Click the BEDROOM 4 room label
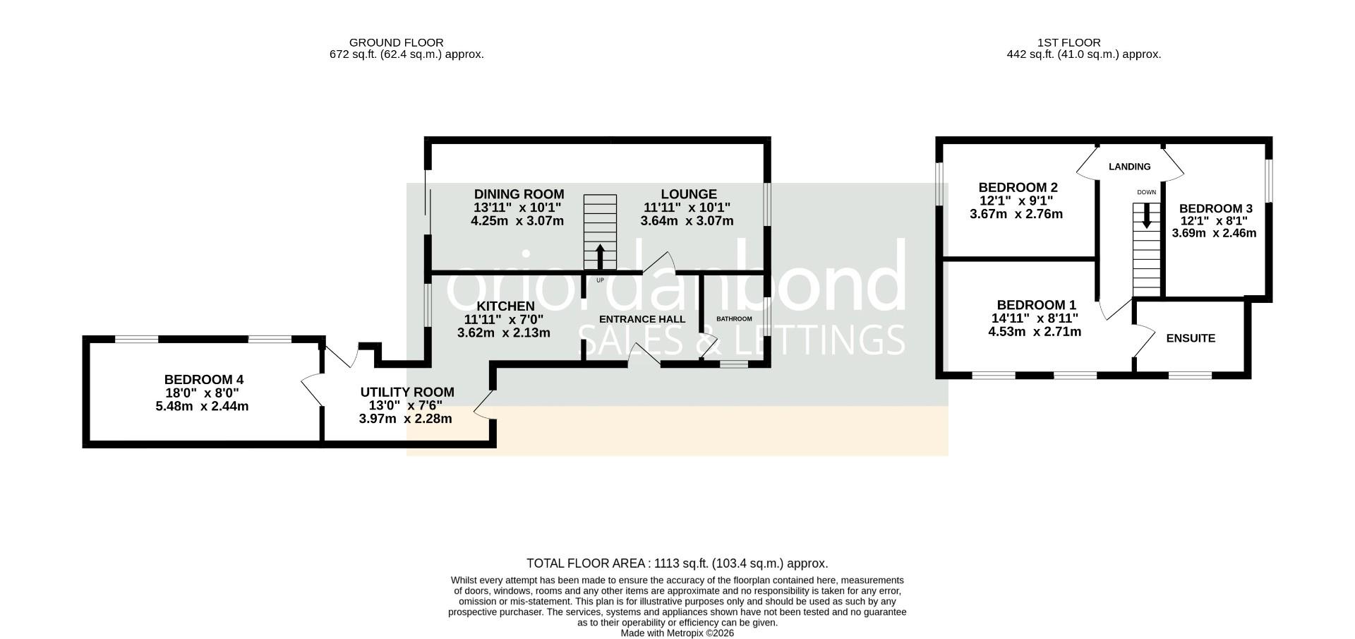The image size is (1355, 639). [203, 379]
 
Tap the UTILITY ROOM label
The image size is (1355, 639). [407, 392]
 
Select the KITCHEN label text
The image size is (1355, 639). [505, 306]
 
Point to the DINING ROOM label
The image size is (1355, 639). [519, 194]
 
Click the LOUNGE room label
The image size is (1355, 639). [688, 194]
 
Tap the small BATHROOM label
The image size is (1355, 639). [734, 319]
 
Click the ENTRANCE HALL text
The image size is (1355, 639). [642, 319]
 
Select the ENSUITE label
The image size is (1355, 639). [1190, 338]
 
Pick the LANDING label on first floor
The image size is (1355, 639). [1129, 167]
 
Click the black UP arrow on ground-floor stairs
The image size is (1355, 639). [600, 256]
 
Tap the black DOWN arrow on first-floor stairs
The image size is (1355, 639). [1146, 215]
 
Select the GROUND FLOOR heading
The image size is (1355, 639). [396, 42]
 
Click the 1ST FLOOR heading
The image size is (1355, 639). [1068, 42]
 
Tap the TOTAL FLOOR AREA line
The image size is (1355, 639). [677, 563]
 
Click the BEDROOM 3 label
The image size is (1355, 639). [1215, 208]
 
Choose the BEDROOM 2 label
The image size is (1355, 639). [1017, 187]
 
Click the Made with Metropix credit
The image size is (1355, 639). [677, 633]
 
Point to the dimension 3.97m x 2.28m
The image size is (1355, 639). [405, 419]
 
